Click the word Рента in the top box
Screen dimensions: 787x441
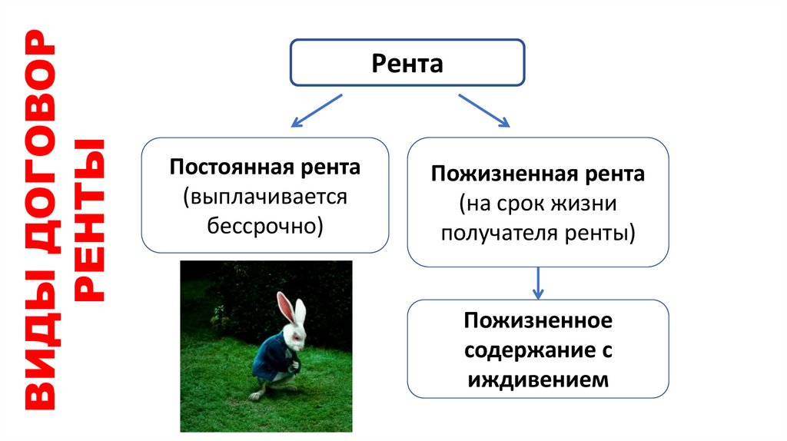[407, 63]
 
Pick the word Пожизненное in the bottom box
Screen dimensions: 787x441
[537, 319]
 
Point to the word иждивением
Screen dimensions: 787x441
[537, 379]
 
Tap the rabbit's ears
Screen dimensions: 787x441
[290, 309]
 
